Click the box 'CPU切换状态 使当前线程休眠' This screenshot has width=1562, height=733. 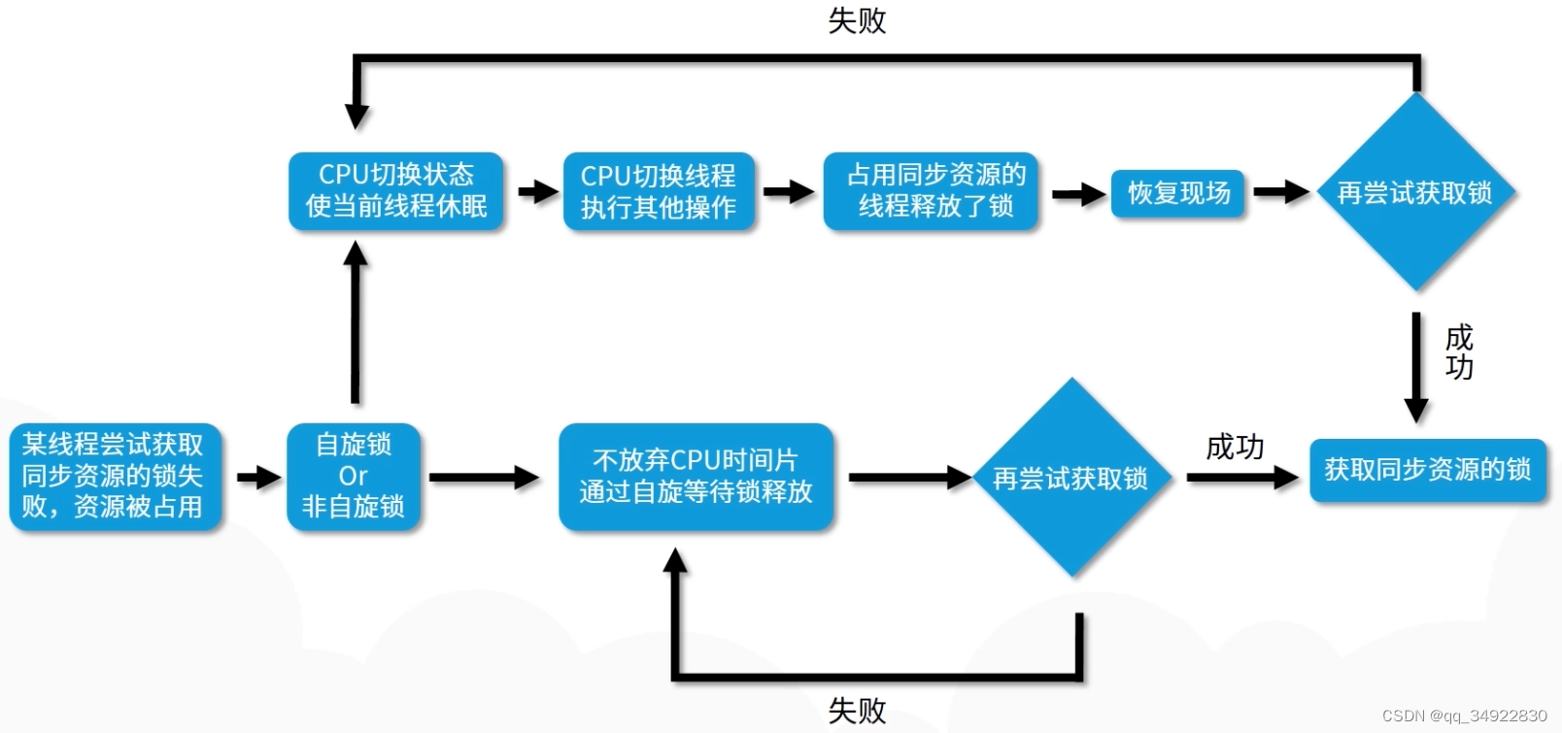click(x=396, y=190)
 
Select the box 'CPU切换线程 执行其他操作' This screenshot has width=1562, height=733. click(x=659, y=191)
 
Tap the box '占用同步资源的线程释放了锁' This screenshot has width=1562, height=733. click(x=932, y=190)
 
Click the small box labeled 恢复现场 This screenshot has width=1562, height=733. click(x=1178, y=193)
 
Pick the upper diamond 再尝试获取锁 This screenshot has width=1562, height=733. click(x=1415, y=192)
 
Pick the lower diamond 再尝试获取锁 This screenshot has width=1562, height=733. click(x=1070, y=478)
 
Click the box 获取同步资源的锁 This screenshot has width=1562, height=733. click(x=1427, y=470)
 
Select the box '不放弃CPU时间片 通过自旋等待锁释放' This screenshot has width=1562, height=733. click(x=696, y=476)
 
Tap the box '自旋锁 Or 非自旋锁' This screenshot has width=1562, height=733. click(x=354, y=476)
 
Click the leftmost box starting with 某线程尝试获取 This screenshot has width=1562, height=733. click(x=115, y=476)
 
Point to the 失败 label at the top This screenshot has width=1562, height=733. click(x=856, y=20)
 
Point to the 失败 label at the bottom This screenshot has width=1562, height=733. click(x=856, y=710)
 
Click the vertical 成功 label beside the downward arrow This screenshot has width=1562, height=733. click(x=1458, y=352)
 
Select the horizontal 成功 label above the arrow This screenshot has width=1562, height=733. click(x=1234, y=447)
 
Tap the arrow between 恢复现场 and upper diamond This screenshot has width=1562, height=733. click(x=1281, y=192)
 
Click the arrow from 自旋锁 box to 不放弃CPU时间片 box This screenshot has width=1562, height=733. click(x=484, y=477)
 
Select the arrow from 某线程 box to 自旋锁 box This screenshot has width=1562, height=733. click(x=258, y=477)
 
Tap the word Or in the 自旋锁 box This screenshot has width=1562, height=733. click(x=353, y=476)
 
